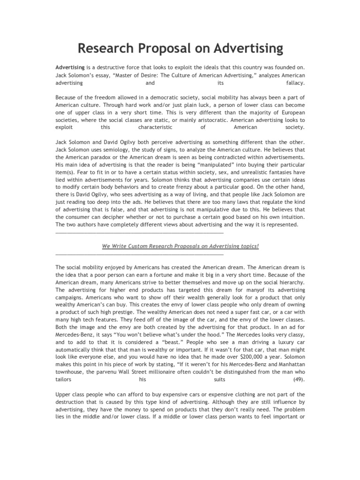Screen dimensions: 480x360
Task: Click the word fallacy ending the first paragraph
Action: pyautogui.click(x=295, y=82)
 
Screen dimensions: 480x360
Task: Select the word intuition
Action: pyautogui.click(x=288, y=217)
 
